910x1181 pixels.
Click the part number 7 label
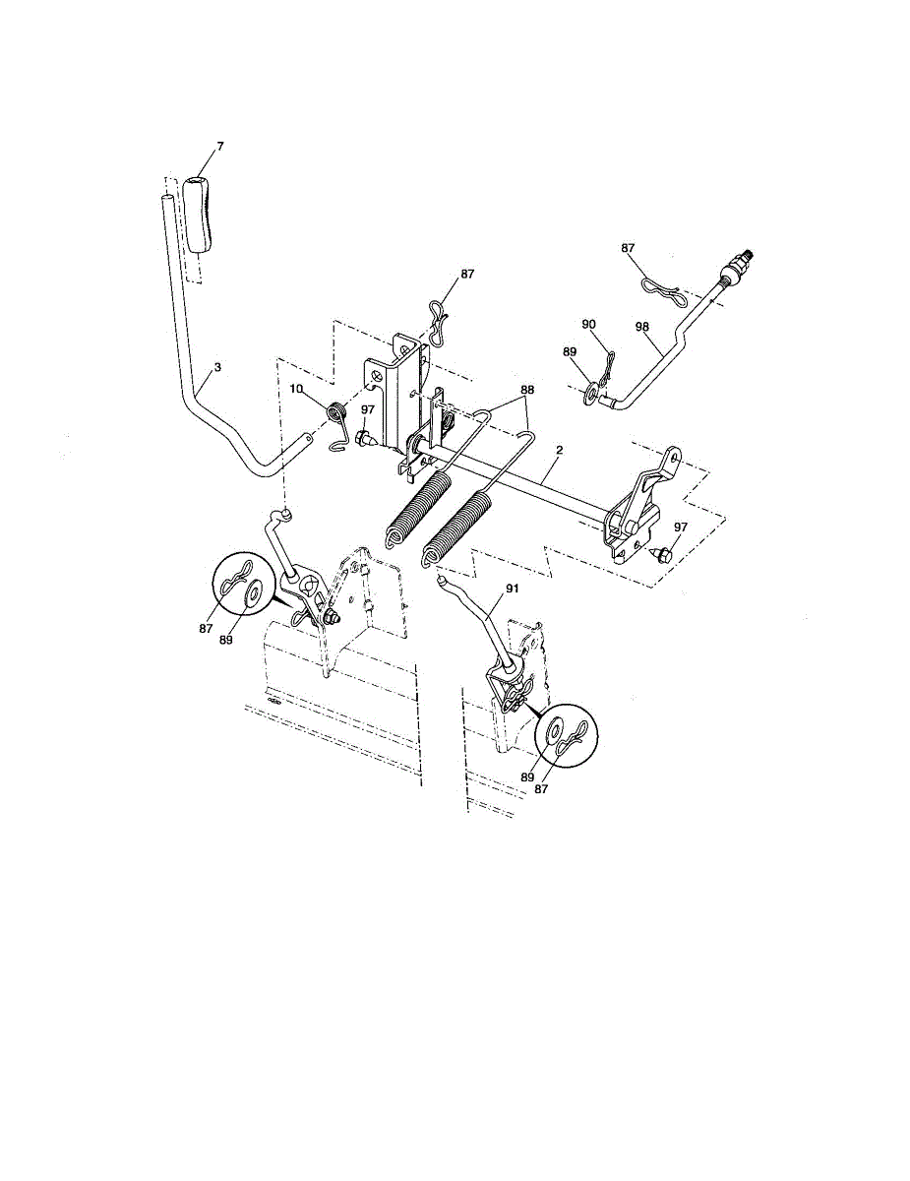219,146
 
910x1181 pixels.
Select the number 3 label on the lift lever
217,367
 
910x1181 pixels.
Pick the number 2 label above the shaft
558,450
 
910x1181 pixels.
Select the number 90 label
589,324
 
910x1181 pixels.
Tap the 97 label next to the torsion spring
367,409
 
